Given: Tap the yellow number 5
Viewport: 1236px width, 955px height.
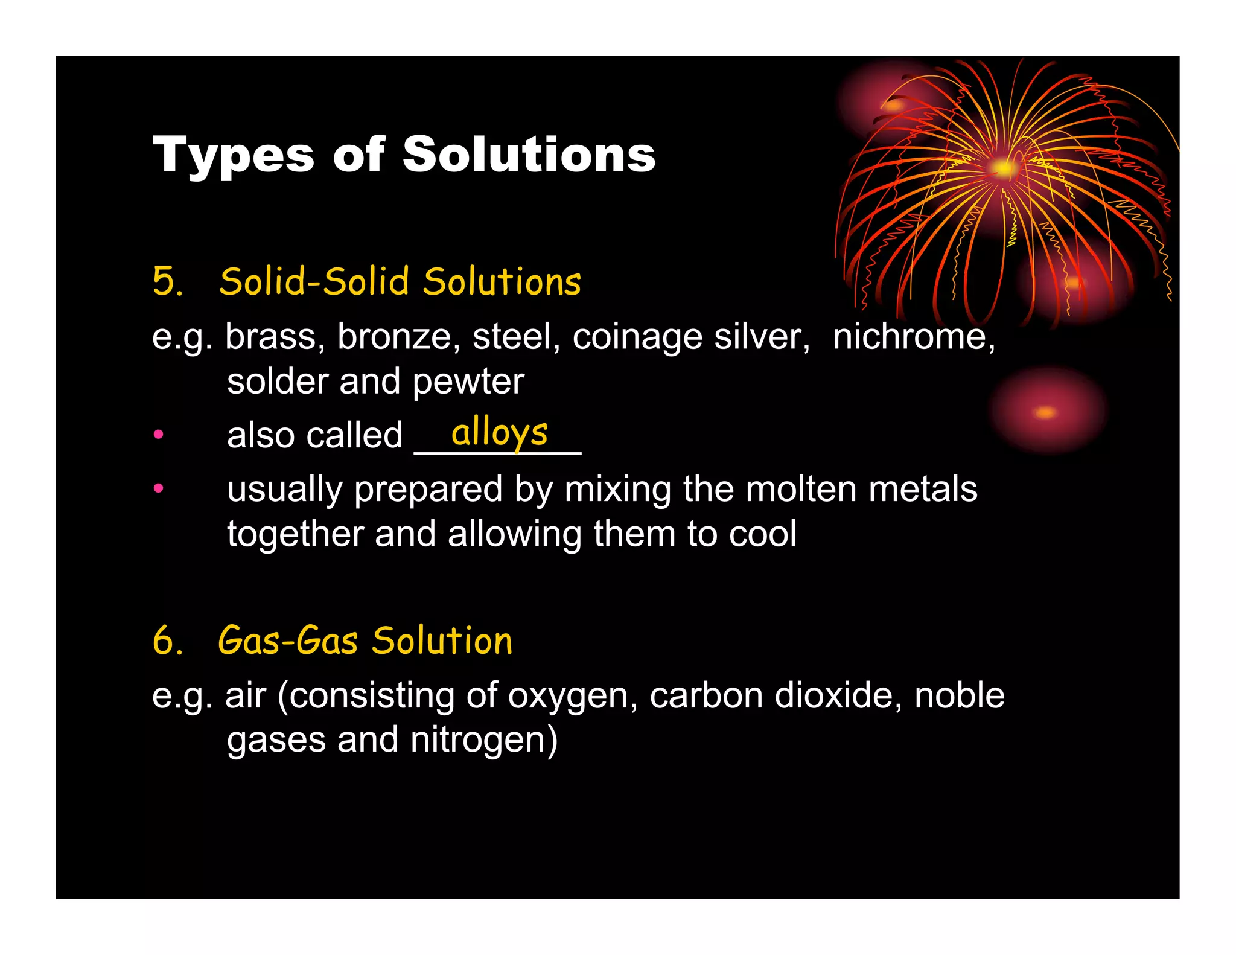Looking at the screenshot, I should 167,281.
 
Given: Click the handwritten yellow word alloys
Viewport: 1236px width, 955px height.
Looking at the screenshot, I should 500,432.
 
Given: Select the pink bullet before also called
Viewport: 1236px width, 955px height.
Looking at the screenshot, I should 158,434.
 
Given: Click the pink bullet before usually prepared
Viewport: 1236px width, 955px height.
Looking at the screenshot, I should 158,488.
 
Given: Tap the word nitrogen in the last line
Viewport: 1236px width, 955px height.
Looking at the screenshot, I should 484,740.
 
